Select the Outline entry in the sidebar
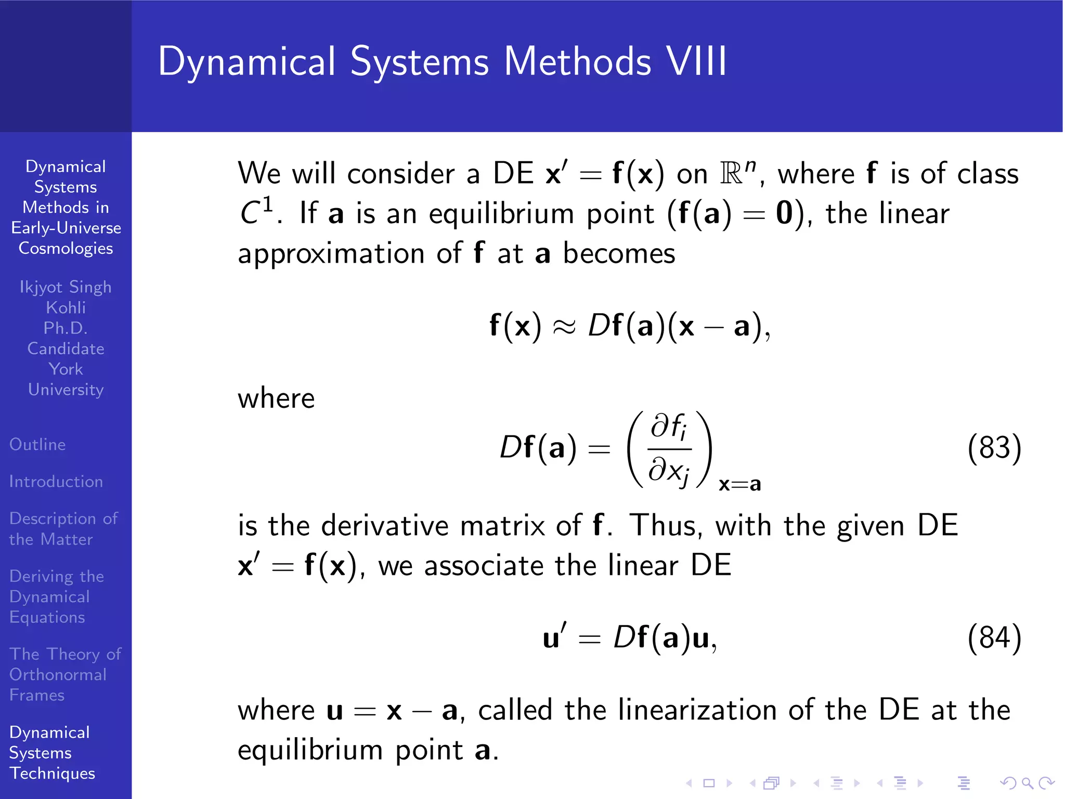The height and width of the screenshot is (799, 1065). click(x=37, y=445)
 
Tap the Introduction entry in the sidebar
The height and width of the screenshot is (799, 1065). click(x=56, y=482)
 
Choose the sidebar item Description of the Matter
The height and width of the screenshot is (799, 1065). click(x=63, y=529)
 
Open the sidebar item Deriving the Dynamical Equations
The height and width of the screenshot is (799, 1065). click(x=56, y=597)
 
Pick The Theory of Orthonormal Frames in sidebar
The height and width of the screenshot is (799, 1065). click(x=65, y=674)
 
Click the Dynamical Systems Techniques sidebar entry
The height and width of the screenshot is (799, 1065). click(x=52, y=753)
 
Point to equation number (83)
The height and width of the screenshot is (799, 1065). click(x=994, y=448)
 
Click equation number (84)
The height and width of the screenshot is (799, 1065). click(x=994, y=638)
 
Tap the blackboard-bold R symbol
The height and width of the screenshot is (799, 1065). click(x=731, y=174)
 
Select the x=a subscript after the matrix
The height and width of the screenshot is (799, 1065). click(x=739, y=485)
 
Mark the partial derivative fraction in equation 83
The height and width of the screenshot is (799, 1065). click(x=669, y=449)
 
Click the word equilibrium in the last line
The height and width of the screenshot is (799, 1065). click(x=310, y=751)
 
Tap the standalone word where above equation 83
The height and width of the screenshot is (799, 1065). click(x=276, y=399)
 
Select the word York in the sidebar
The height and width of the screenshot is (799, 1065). click(x=66, y=369)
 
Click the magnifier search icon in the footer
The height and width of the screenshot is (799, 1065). click(x=1027, y=783)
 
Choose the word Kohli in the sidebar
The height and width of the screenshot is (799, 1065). click(x=66, y=308)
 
